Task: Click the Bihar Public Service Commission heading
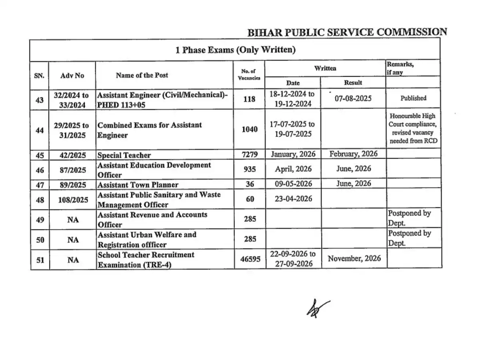[347, 32]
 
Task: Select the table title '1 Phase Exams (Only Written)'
[235, 50]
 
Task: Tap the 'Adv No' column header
[73, 75]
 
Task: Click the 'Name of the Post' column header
[142, 75]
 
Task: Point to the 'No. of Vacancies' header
[249, 75]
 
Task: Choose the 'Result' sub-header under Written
[353, 82]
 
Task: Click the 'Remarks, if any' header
[400, 68]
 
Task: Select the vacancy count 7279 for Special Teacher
[249, 154]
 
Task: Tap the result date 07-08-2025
[353, 98]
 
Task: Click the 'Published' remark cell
[413, 98]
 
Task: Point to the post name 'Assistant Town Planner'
[138, 185]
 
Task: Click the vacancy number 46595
[250, 259]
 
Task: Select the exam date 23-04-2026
[293, 199]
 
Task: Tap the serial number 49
[40, 219]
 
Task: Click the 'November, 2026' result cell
[354, 258]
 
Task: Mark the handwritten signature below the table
[318, 307]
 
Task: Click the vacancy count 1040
[249, 129]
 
